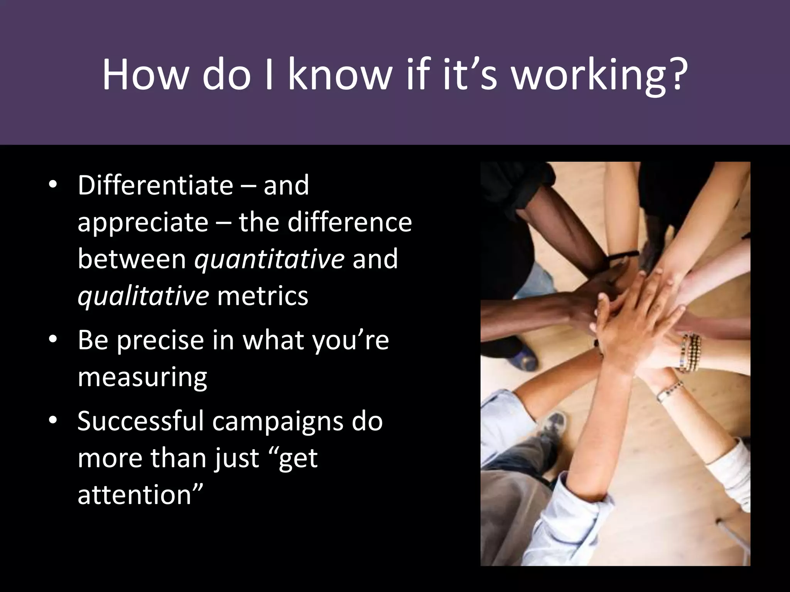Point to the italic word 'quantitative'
point(269,259)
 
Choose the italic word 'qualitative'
point(143,296)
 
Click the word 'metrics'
point(263,296)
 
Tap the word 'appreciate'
point(143,223)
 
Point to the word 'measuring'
point(142,378)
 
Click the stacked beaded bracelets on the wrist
point(690,353)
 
